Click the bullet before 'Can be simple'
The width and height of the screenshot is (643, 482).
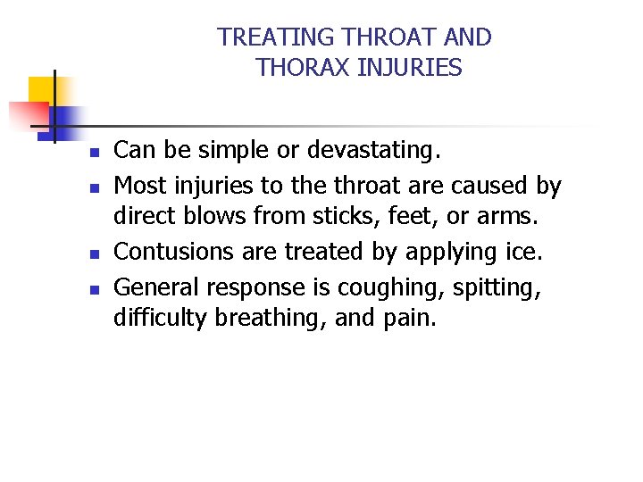92,153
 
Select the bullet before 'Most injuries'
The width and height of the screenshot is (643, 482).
92,188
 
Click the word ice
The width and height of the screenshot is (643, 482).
523,253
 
